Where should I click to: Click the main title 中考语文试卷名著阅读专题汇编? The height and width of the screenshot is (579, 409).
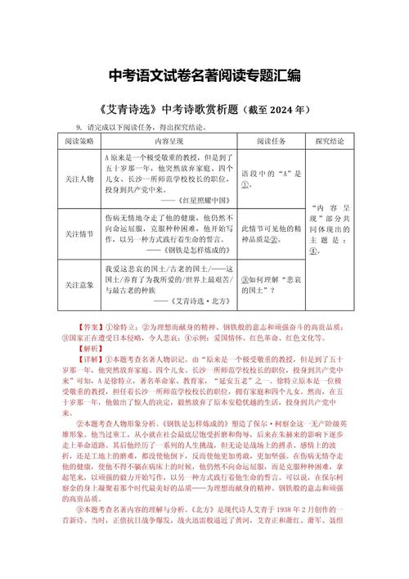[x=204, y=75]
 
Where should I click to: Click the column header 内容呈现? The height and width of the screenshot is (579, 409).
[x=169, y=140]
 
